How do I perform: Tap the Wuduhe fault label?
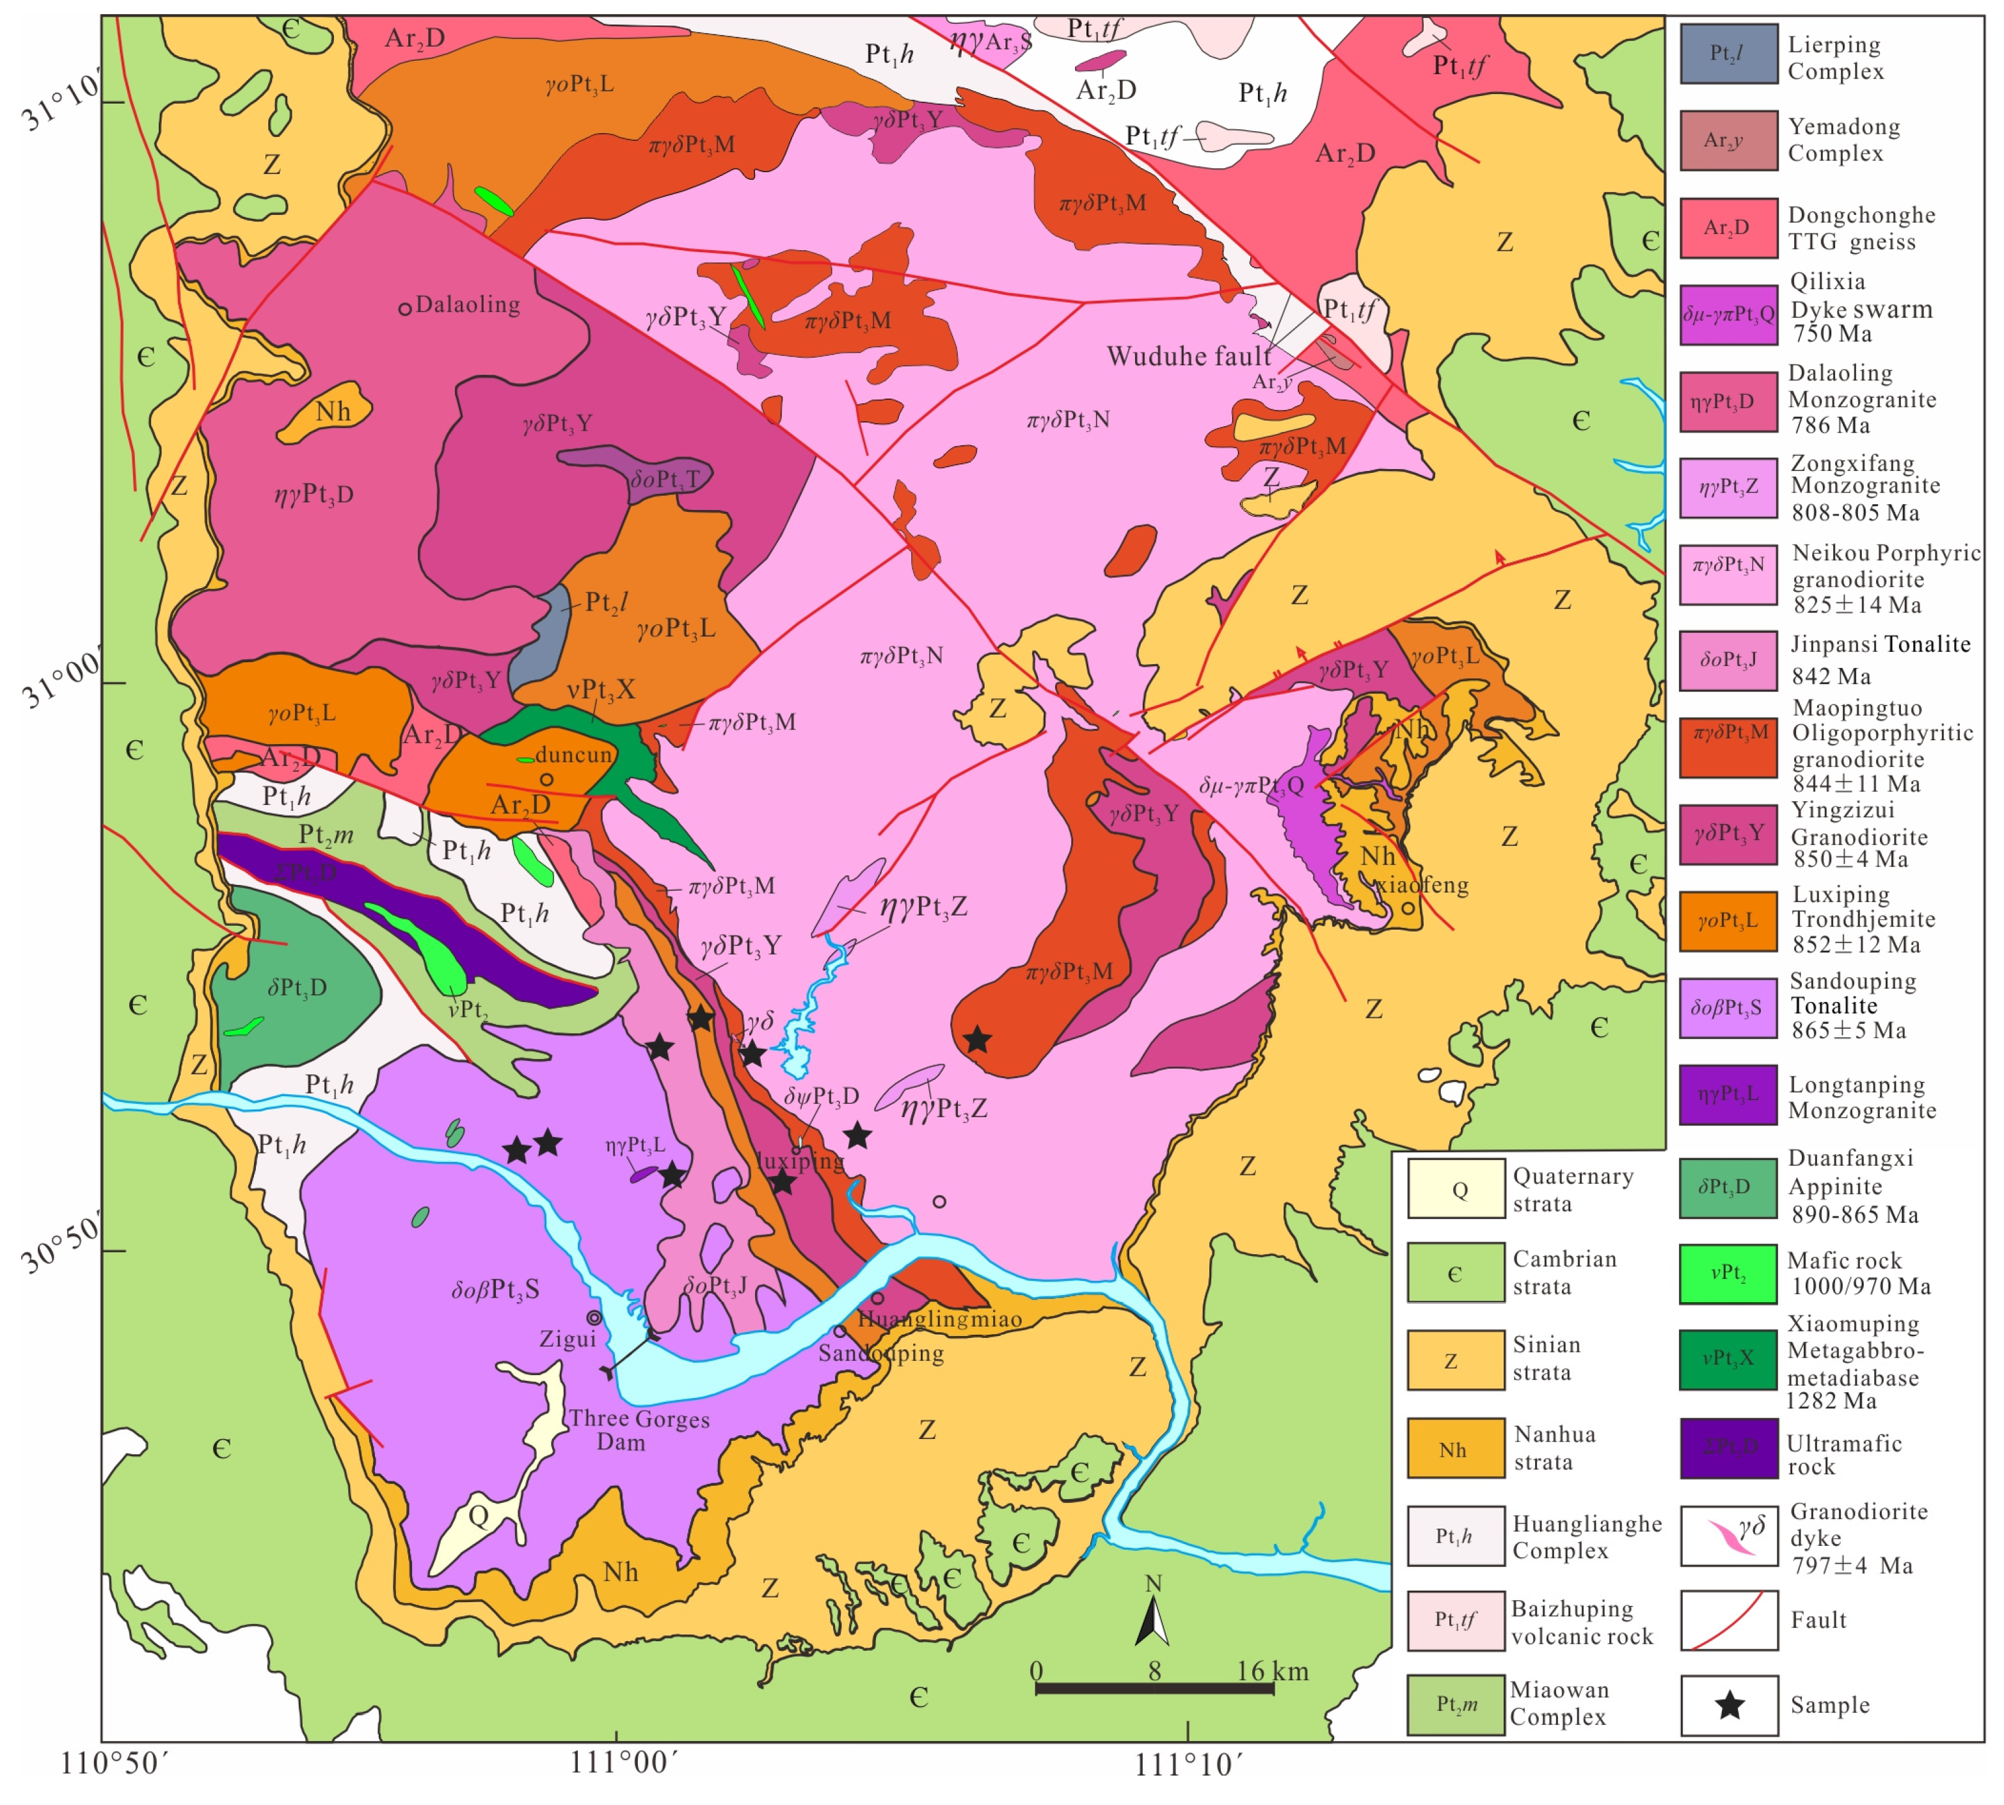1188,356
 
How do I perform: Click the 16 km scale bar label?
1271,1671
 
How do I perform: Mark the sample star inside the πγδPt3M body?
978,1039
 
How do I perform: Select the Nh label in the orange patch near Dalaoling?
332,411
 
